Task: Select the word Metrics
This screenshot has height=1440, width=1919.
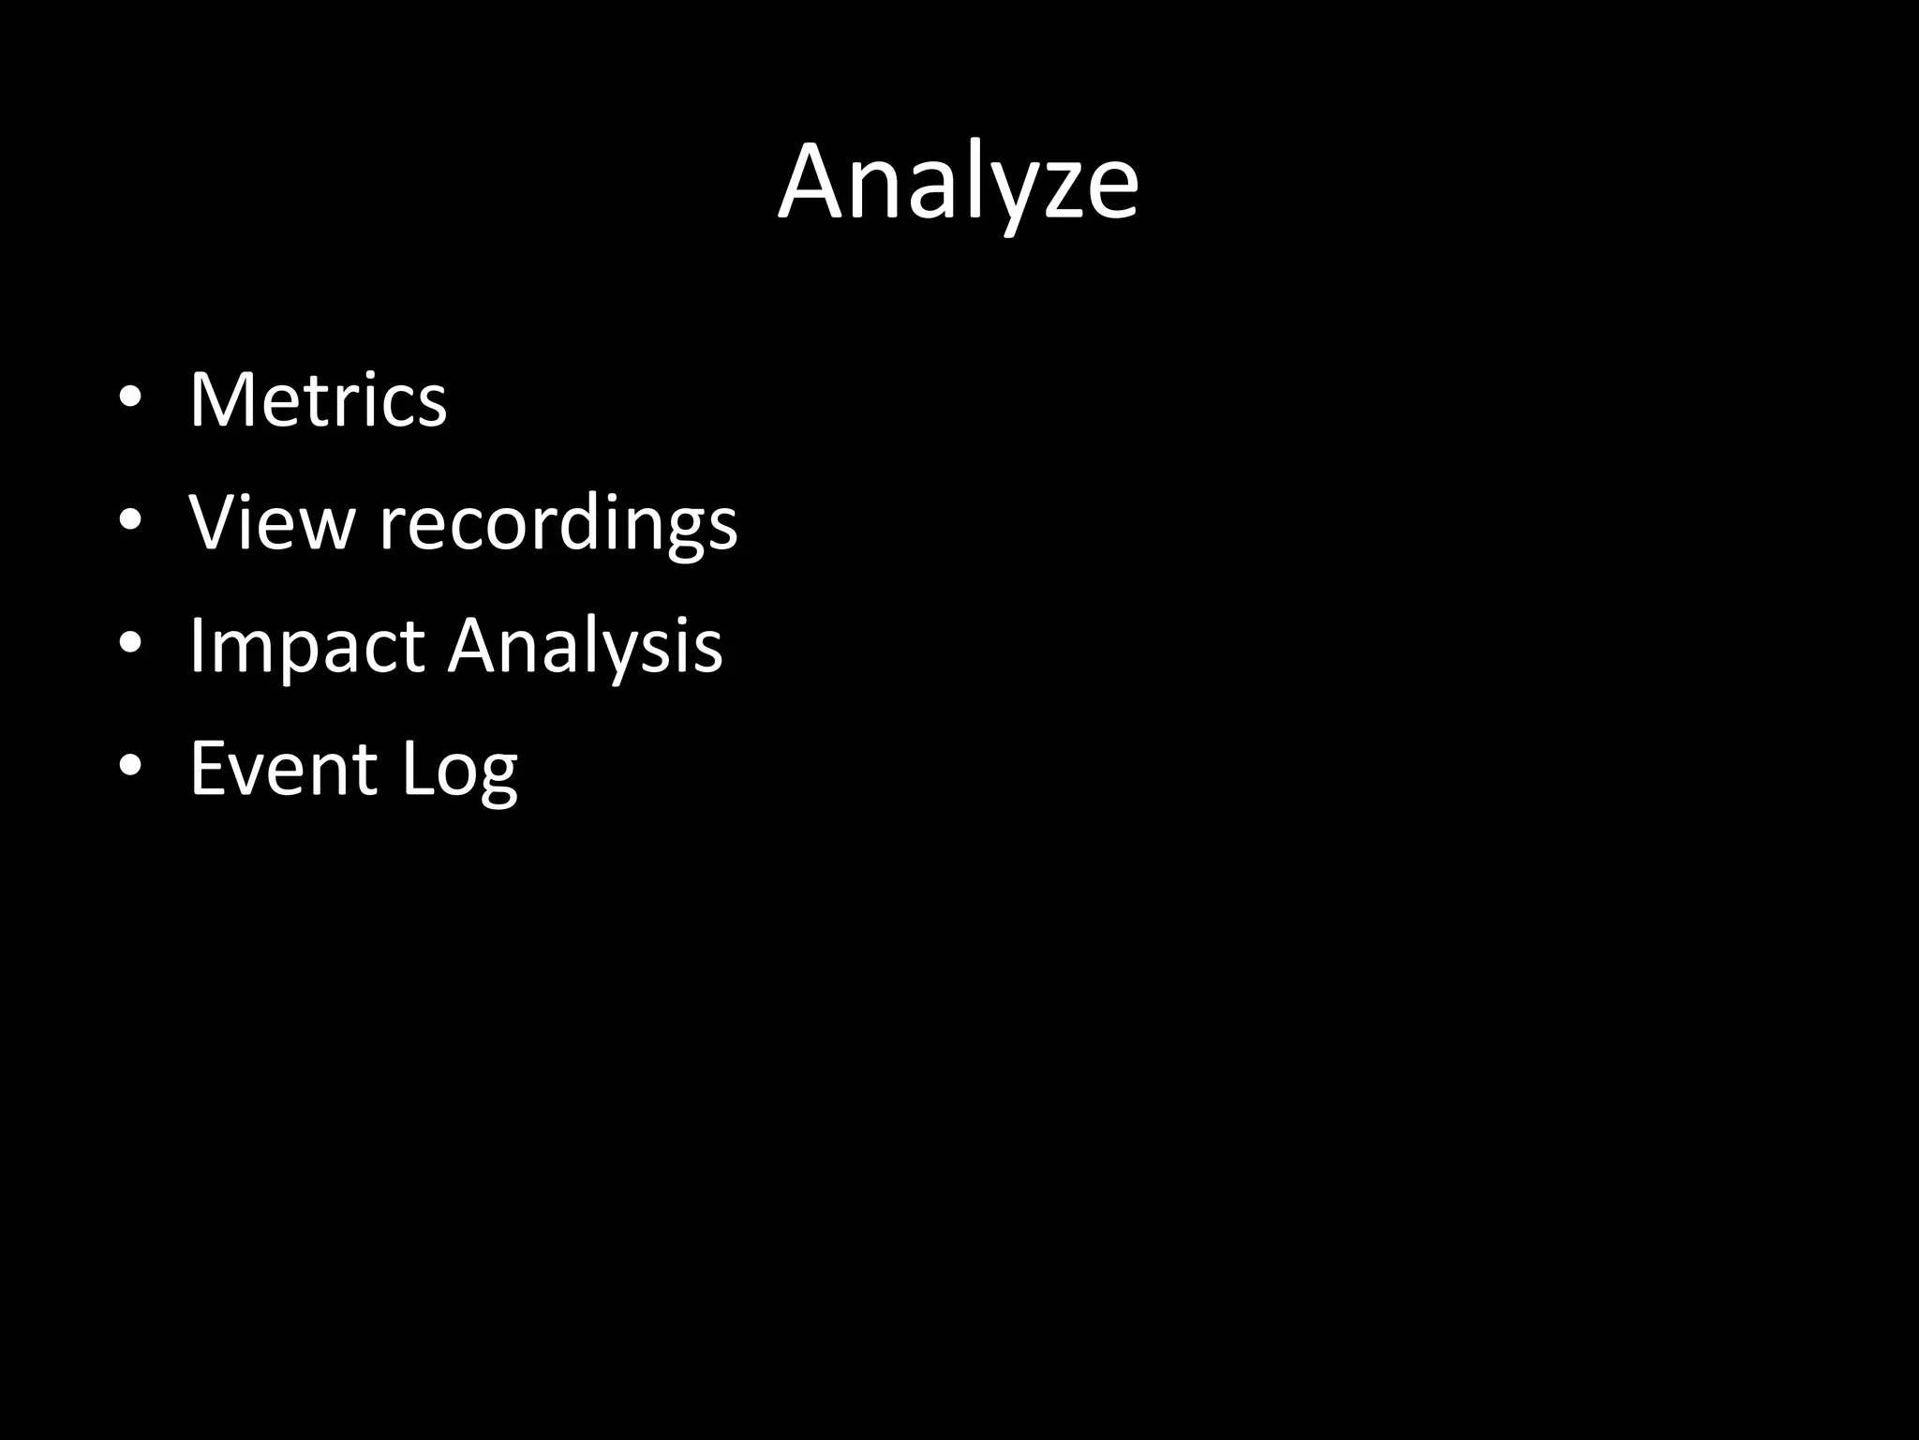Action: click(318, 400)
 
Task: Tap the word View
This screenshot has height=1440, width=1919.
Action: click(272, 521)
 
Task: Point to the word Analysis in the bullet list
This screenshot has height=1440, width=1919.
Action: click(585, 647)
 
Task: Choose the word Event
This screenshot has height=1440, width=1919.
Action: click(283, 769)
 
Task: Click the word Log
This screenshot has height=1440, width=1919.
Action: click(459, 771)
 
